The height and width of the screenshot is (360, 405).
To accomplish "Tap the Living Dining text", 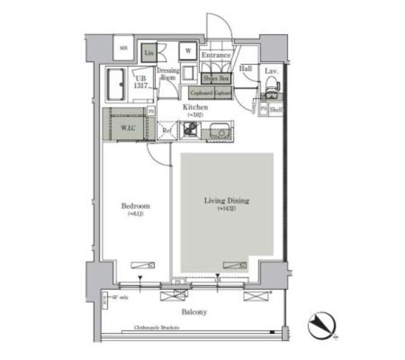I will [x=226, y=201].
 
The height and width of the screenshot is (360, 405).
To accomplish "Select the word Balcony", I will [x=193, y=312].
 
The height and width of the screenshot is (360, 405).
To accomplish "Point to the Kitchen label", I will [x=196, y=108].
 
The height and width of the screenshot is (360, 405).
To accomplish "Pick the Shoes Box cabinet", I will [x=216, y=78].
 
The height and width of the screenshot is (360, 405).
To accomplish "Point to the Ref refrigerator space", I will [x=167, y=131].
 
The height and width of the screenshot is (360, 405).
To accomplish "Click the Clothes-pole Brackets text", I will [x=156, y=327].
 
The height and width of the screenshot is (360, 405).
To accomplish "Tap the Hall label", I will [x=246, y=69].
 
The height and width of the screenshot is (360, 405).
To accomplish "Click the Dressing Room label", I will [x=168, y=74].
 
